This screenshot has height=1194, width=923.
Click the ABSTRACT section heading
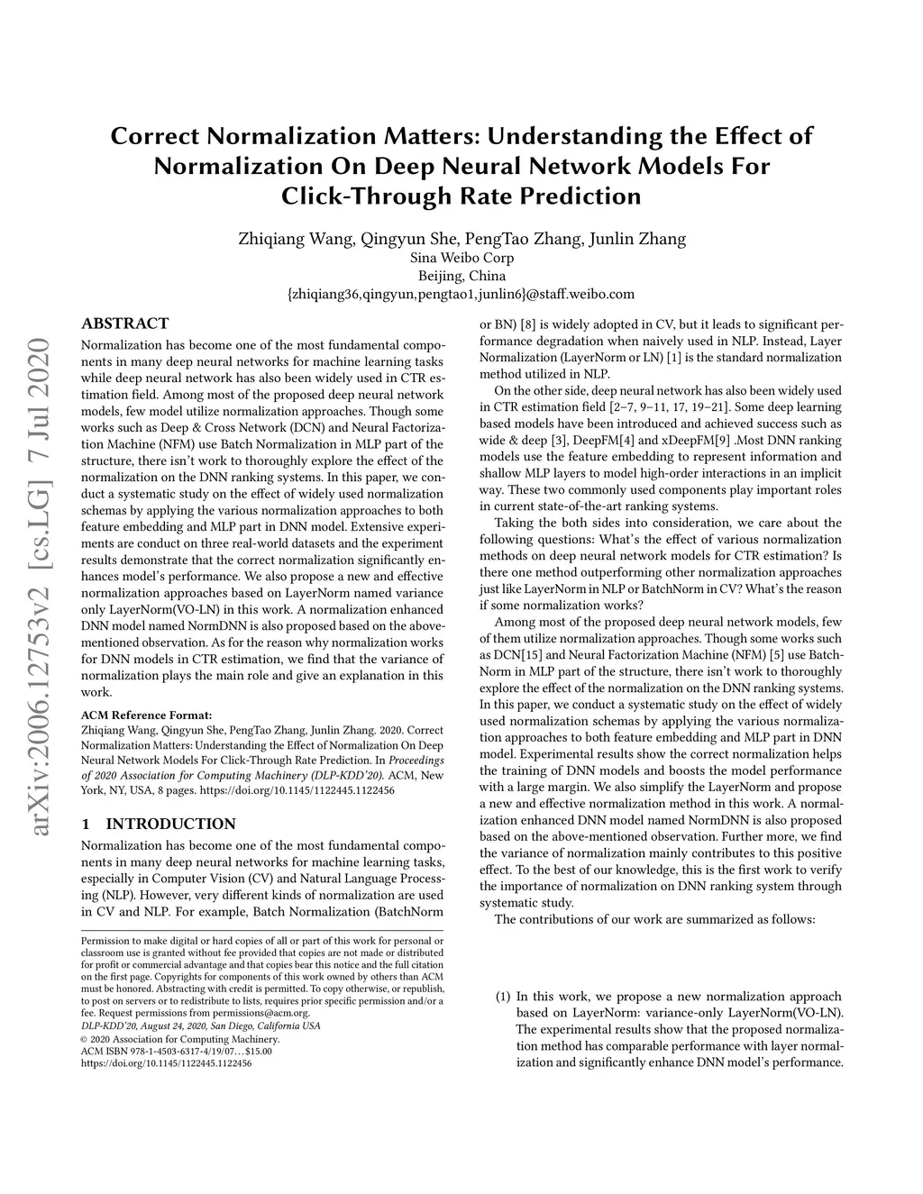point(124,324)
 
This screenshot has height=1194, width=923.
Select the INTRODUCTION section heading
point(158,824)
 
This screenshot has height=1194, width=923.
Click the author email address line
point(461,294)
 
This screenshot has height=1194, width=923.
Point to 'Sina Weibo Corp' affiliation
point(461,258)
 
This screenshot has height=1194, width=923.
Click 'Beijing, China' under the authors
point(461,276)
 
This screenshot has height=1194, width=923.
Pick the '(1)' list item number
point(503,997)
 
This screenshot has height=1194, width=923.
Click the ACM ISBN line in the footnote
point(176,1051)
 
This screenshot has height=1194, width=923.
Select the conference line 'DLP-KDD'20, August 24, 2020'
point(200,1025)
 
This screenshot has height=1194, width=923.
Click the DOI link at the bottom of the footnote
point(166,1063)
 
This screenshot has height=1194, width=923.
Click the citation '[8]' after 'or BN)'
point(521,324)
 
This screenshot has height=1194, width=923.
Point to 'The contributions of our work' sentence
point(654,919)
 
